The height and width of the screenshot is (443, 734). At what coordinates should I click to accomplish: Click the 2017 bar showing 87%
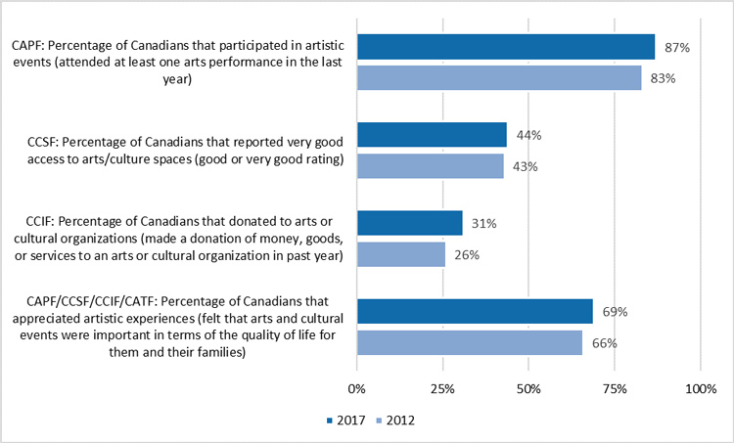pos(506,47)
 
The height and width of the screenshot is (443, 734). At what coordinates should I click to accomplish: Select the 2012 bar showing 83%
pos(499,78)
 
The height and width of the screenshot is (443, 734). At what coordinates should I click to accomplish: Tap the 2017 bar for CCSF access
pos(432,135)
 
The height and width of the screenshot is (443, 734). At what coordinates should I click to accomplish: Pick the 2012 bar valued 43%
pos(431,166)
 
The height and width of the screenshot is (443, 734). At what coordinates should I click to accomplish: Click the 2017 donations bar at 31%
pos(410,223)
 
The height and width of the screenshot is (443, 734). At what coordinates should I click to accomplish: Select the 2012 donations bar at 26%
pos(401,254)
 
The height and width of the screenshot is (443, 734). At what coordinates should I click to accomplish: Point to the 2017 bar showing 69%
pos(475,311)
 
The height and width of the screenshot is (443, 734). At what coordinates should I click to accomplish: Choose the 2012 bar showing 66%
pos(470,342)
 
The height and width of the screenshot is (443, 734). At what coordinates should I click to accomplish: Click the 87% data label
pos(676,48)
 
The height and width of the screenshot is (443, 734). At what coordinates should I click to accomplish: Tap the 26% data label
pos(466,255)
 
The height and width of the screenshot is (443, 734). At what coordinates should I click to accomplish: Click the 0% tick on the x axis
pos(357,389)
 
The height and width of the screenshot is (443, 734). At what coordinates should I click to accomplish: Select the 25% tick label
pos(443,389)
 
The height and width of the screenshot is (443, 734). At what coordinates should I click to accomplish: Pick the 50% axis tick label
pos(528,389)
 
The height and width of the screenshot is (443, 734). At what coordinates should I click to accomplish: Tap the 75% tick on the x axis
pos(615,389)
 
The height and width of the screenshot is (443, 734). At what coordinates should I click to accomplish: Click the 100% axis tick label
pos(700,389)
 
